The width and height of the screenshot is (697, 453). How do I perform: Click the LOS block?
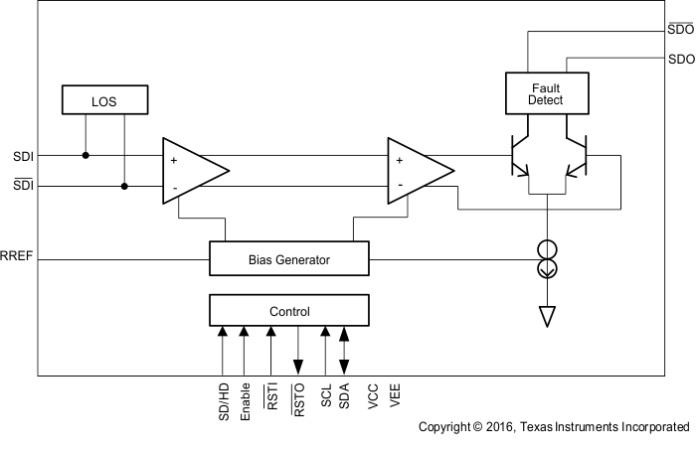pos(104,99)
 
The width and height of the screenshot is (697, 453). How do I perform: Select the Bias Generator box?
pos(288,259)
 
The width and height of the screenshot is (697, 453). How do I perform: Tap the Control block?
pos(288,311)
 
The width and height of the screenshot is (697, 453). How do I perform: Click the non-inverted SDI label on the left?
pos(23,156)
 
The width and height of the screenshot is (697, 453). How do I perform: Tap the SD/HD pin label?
pos(224,402)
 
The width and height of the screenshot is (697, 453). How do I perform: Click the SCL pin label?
pos(325,396)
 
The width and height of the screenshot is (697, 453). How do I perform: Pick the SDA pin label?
pos(344,396)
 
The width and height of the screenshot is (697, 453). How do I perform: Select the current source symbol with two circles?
pos(548,259)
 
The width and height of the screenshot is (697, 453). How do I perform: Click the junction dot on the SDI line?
pos(85,156)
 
